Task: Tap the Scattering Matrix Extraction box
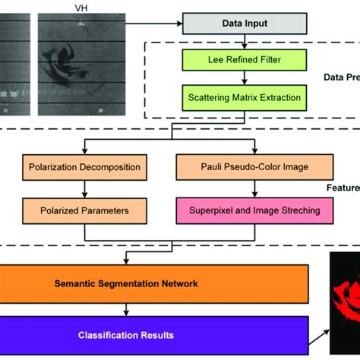243,97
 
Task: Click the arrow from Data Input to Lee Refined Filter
243,42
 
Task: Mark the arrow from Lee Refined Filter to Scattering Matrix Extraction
243,78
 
